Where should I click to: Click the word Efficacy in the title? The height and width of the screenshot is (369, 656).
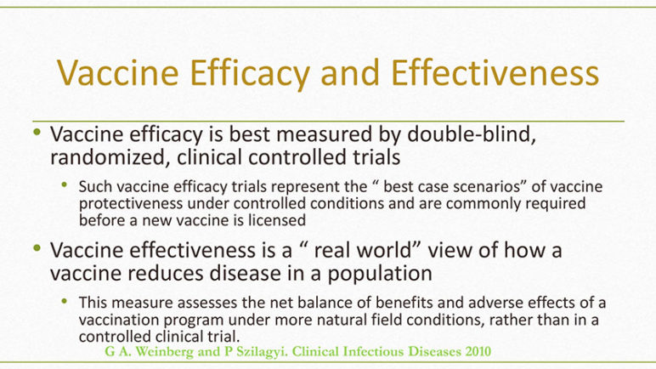250,74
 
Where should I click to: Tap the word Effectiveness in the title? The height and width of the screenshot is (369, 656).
495,72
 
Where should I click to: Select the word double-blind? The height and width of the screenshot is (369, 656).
472,134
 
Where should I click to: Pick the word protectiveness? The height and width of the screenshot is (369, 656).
131,203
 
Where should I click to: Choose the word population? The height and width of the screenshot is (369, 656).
380,274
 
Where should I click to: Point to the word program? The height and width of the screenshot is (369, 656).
193,321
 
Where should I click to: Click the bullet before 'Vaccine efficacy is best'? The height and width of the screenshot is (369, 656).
37,133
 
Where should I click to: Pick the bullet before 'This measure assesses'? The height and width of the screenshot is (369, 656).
65,301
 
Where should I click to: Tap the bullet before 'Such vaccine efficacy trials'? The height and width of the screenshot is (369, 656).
65,184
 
